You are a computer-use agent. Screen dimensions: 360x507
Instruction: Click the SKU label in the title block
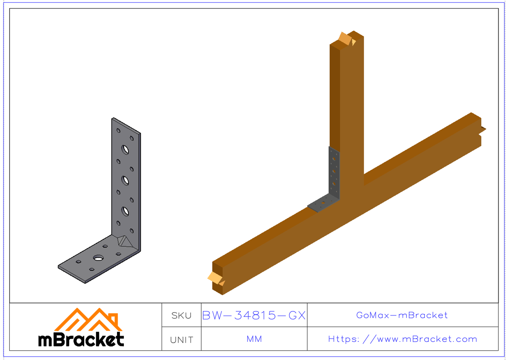click(181, 316)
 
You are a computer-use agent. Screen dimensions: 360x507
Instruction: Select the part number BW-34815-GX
click(254, 316)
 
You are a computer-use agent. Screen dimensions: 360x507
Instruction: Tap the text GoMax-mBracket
click(402, 315)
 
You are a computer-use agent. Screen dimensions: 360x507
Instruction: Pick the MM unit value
click(254, 339)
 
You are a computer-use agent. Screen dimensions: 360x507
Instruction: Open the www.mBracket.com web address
click(403, 339)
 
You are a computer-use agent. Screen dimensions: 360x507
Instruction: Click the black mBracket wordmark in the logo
click(81, 339)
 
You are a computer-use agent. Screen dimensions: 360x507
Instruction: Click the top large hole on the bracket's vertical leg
click(125, 149)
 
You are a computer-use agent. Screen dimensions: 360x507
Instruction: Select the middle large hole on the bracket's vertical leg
click(125, 180)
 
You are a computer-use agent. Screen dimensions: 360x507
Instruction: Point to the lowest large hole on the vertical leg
click(125, 210)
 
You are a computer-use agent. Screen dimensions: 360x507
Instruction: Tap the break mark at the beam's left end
click(215, 278)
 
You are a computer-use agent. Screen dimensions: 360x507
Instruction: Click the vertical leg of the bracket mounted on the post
click(334, 173)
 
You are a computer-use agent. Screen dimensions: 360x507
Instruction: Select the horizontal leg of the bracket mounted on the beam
click(323, 204)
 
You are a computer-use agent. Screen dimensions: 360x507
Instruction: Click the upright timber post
click(346, 110)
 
